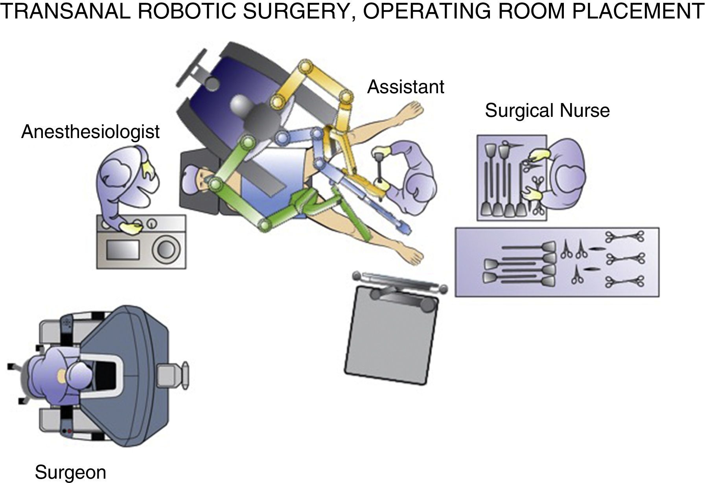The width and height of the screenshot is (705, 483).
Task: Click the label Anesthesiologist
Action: pos(90,132)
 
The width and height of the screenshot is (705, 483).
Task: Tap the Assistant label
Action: pos(405,87)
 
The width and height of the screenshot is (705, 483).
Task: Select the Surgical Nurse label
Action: pos(547,111)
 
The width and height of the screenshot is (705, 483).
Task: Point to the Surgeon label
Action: pos(70,472)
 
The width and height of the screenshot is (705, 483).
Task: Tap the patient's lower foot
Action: pos(413,256)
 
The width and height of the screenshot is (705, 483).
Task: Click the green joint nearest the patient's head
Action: pos(215,184)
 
